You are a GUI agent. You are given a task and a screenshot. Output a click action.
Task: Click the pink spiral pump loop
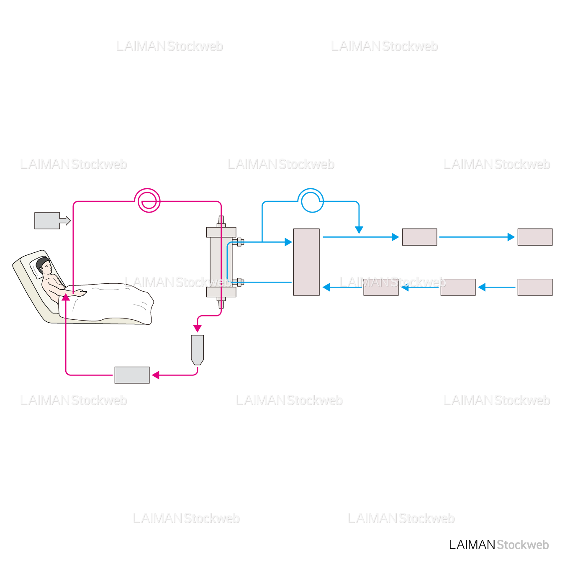[x=147, y=200]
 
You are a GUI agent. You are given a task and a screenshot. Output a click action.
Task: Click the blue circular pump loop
[x=311, y=200]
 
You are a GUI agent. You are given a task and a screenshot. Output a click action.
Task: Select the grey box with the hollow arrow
[x=47, y=221]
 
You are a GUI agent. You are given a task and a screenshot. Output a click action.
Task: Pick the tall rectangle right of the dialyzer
[x=306, y=262]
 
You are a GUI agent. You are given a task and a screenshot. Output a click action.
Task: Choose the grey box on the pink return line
[x=132, y=375]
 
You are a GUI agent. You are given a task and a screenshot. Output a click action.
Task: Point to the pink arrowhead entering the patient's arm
[x=66, y=297]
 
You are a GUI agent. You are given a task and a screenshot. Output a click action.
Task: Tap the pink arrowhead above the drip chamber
[x=198, y=329]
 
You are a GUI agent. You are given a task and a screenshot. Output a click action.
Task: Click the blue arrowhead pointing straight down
[x=359, y=230]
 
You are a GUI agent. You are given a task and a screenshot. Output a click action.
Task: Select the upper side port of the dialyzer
[x=239, y=241]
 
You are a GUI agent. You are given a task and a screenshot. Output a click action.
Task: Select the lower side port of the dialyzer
[x=239, y=282]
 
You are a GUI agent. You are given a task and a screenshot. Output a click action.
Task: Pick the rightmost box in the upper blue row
[x=535, y=237]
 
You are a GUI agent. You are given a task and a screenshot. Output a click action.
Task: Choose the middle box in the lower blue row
[x=458, y=287]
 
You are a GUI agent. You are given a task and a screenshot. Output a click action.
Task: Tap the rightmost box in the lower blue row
[x=535, y=287]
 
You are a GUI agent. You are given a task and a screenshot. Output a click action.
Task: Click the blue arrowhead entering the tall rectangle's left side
[x=288, y=242]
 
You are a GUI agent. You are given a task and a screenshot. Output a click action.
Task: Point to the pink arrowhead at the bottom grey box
[x=156, y=375]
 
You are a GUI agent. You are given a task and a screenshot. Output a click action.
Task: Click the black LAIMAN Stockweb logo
[x=498, y=544]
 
